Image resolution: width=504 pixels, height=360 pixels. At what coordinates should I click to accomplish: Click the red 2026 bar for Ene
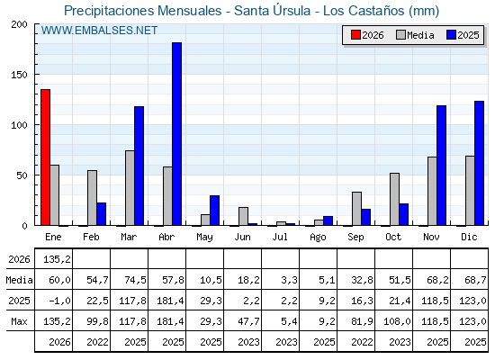(45, 157)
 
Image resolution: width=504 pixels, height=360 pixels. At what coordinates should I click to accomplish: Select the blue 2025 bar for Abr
(176, 134)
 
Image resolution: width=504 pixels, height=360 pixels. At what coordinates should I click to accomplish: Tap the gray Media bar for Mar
(130, 188)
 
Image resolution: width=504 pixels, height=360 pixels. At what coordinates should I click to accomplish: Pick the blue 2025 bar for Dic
(479, 163)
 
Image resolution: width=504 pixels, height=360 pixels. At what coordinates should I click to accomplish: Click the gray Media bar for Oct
(394, 199)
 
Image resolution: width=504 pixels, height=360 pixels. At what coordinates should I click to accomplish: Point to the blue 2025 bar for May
(215, 211)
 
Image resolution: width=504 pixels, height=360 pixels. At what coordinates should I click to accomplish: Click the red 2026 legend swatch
(355, 35)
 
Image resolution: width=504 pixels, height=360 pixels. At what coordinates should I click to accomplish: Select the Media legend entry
(415, 35)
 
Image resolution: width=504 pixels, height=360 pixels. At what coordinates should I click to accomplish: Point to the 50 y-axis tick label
(22, 175)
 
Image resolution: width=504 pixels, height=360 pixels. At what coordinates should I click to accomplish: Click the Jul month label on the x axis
(280, 237)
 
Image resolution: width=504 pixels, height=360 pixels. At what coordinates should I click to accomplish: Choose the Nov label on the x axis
(431, 237)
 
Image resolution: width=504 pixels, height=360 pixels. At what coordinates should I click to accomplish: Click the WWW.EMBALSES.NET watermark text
(99, 31)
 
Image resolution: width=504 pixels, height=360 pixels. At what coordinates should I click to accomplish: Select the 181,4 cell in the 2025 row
(170, 301)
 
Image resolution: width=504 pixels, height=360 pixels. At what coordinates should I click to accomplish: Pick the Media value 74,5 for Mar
(135, 280)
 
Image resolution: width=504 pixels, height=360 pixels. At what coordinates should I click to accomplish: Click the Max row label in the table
(19, 321)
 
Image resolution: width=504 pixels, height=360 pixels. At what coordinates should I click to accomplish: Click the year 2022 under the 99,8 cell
(97, 342)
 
